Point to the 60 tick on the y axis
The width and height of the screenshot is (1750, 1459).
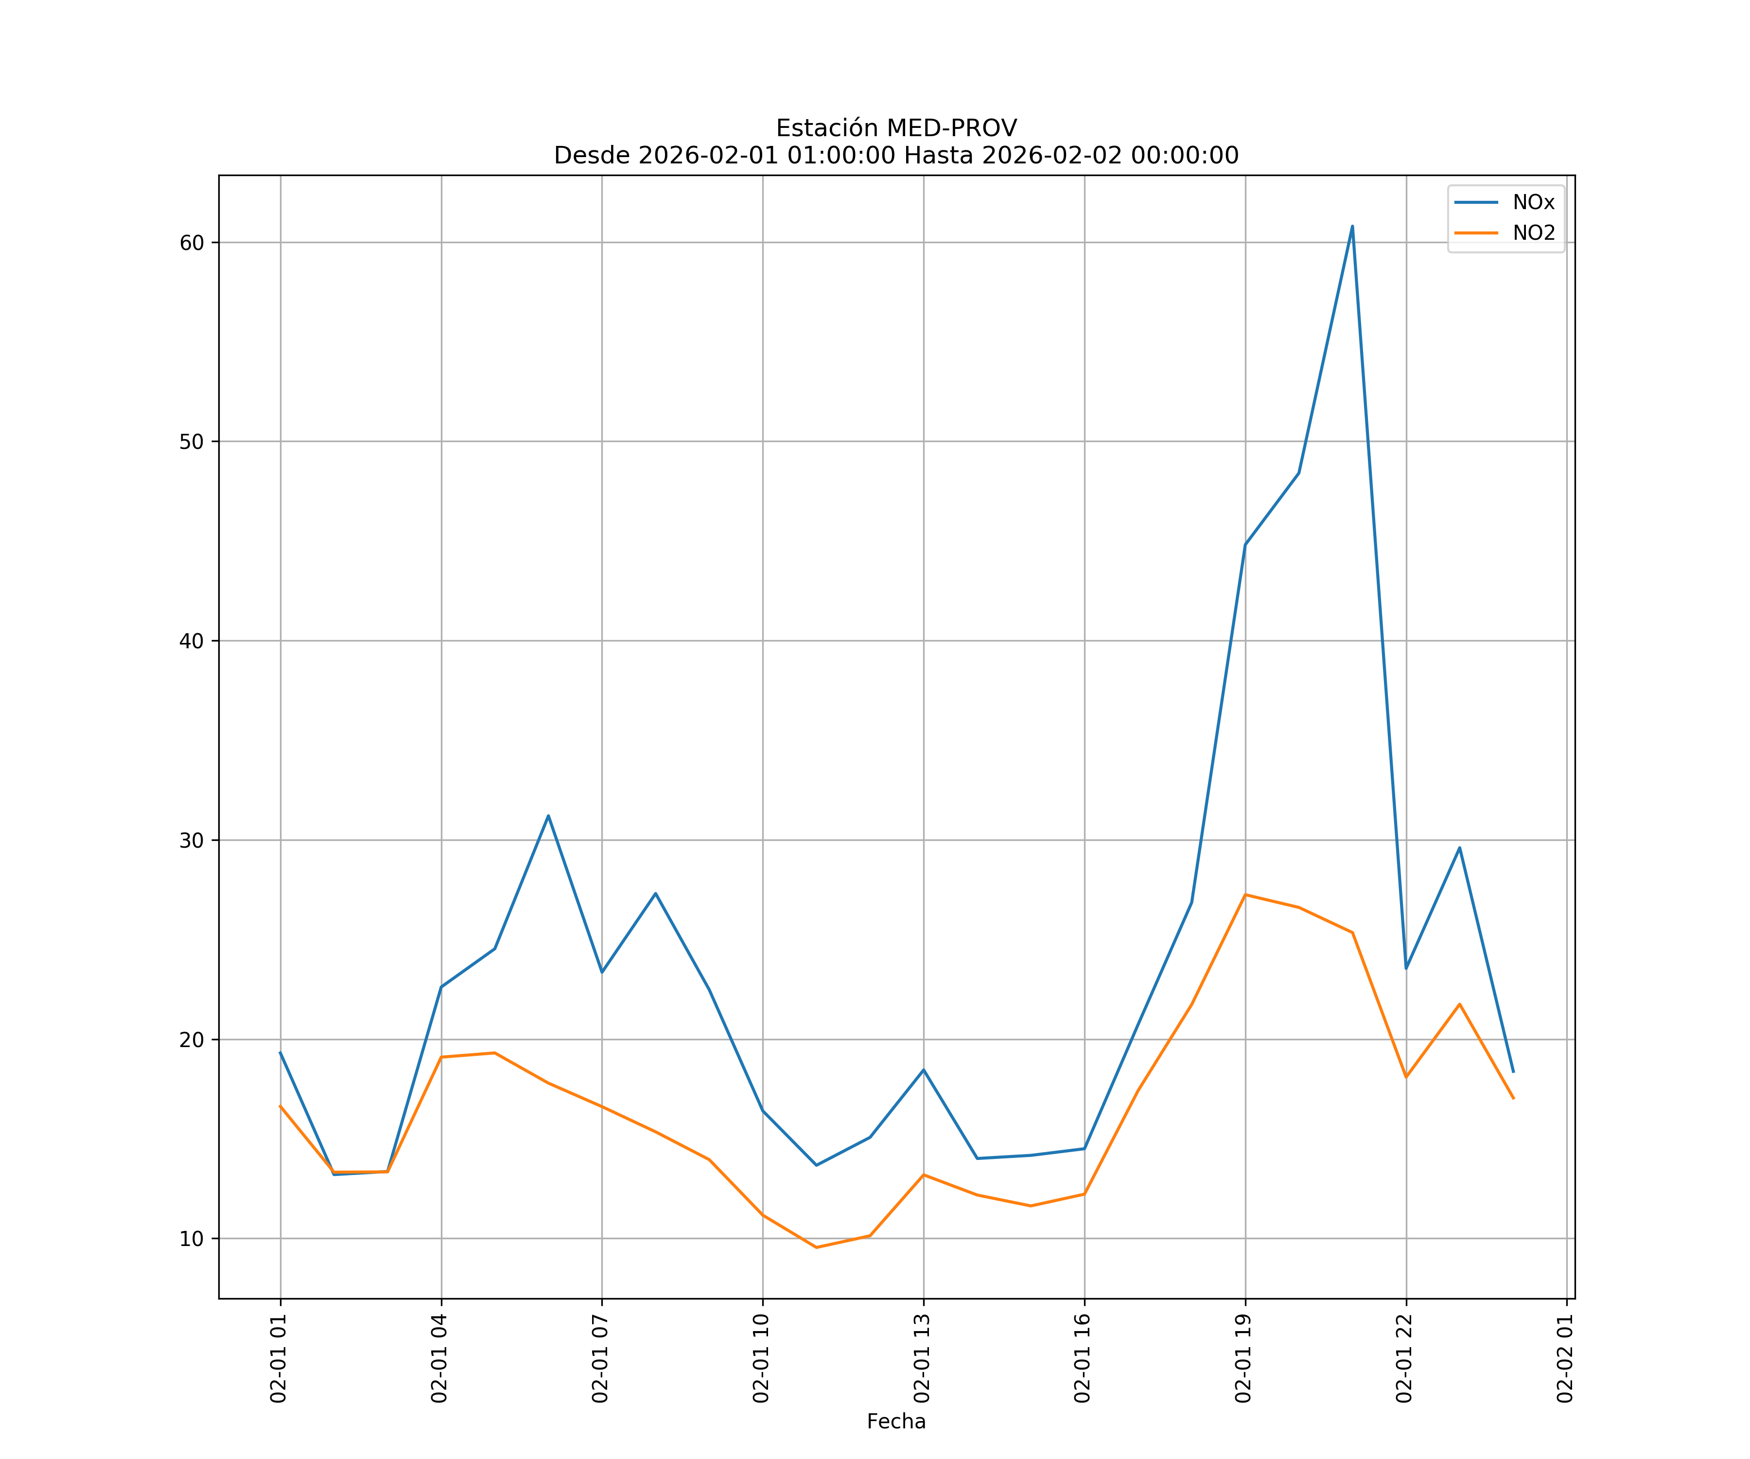192,243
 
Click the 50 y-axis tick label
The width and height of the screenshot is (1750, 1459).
192,442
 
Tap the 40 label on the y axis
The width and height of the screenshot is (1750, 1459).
192,641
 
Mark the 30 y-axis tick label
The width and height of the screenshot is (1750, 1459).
192,840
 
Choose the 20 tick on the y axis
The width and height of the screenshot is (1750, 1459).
192,1040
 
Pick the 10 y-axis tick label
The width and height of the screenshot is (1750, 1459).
192,1239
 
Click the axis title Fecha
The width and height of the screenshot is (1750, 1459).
896,1422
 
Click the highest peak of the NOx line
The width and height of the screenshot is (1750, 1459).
1352,226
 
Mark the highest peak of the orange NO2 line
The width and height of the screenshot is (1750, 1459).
1244,894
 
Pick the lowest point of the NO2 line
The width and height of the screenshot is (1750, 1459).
816,1247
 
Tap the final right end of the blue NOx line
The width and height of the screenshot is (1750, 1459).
1512,1072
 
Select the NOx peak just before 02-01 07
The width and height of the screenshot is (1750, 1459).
547,816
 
